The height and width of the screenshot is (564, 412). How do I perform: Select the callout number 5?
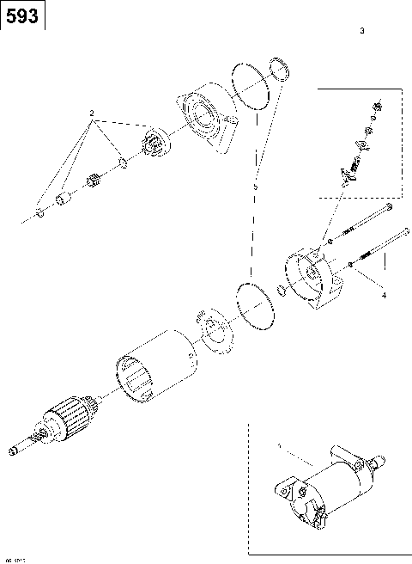point(255,186)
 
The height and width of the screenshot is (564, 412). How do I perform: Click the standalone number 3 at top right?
point(362,31)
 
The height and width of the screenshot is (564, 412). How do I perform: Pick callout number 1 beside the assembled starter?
point(278,446)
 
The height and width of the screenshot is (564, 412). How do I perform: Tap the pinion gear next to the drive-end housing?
point(155,143)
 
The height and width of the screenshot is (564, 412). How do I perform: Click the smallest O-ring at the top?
point(276,69)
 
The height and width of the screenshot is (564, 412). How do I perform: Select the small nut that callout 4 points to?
point(352,266)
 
